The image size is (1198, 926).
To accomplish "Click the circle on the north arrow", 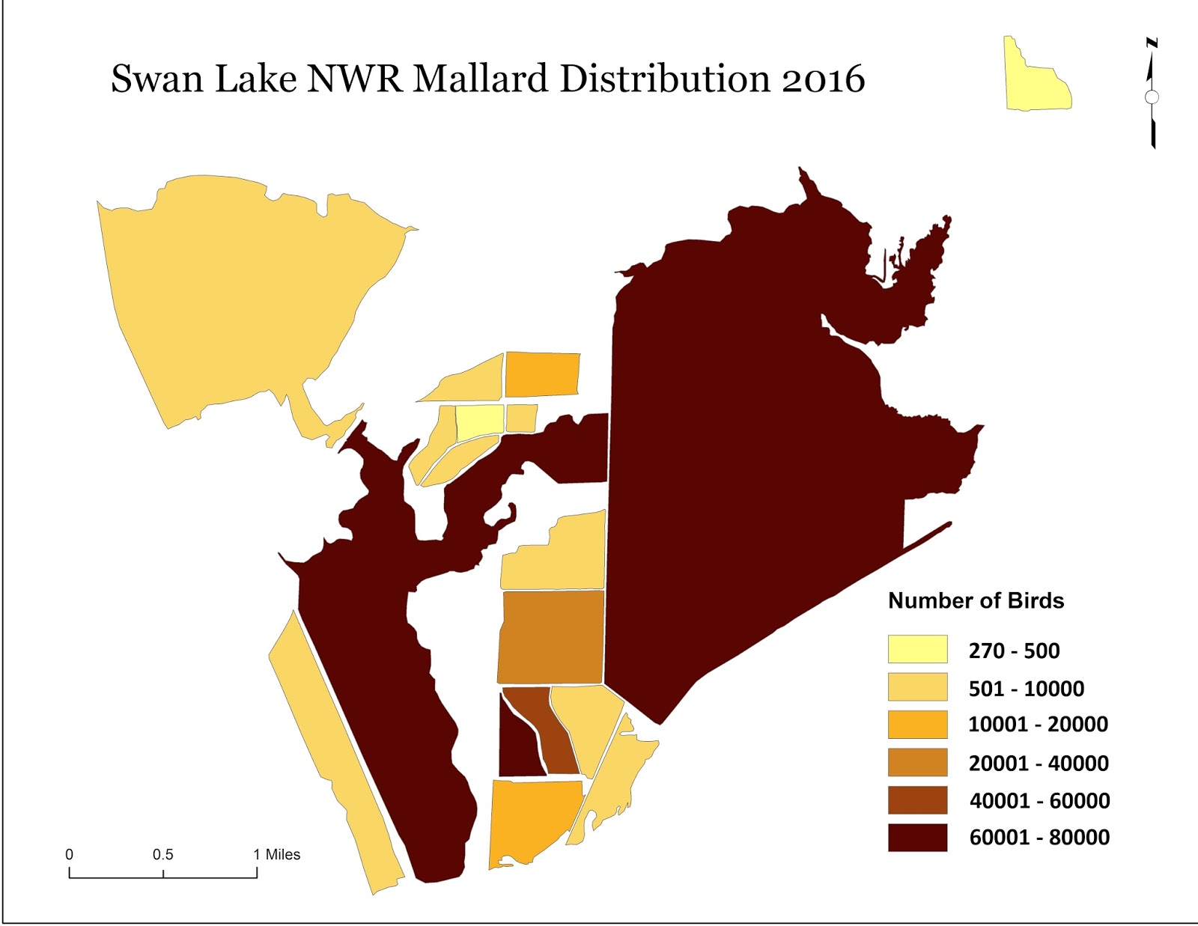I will [x=1152, y=97].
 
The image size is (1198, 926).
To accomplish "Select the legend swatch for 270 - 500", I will [x=917, y=649].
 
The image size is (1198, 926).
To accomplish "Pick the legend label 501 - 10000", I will [x=1026, y=689].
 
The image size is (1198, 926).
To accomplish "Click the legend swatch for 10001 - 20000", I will [x=917, y=725].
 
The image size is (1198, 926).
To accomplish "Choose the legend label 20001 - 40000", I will [x=1038, y=764].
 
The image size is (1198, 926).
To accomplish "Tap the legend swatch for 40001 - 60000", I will [x=917, y=800].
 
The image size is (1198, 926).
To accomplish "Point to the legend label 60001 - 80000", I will [x=1039, y=838].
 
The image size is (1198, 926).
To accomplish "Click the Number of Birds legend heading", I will [x=975, y=600].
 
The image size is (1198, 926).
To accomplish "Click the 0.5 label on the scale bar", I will [x=162, y=855].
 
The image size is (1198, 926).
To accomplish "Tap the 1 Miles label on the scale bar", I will [x=276, y=855].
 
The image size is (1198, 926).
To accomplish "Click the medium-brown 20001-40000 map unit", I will [x=550, y=636].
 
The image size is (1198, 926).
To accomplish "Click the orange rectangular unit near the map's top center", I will [x=542, y=374].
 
